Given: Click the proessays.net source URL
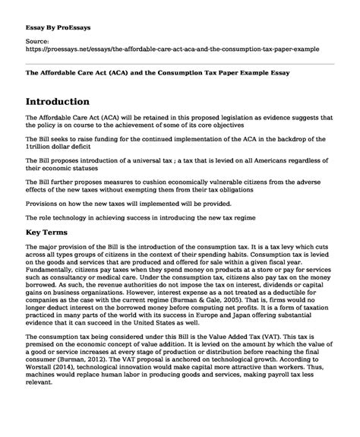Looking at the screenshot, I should tap(172, 47).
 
